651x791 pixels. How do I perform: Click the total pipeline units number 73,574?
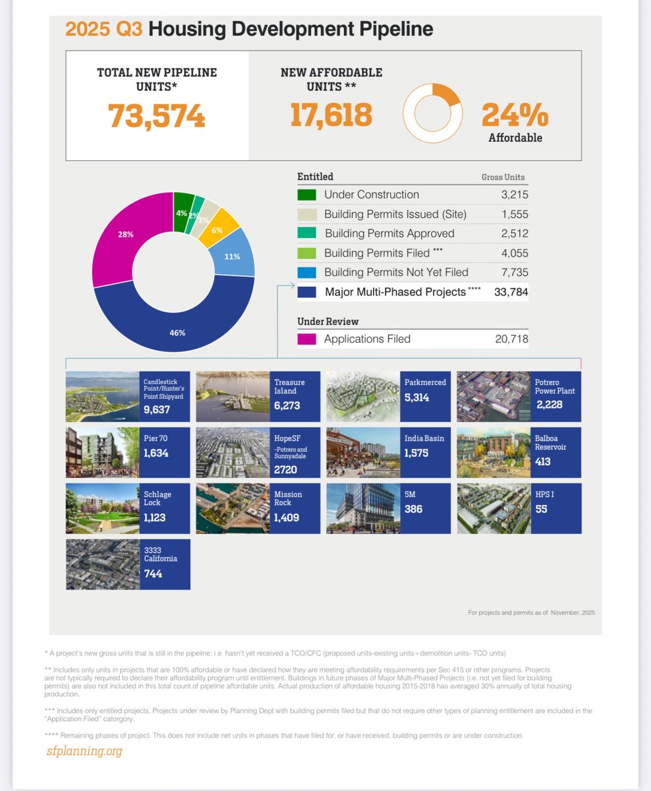coord(157,115)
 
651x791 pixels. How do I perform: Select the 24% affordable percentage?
coord(515,115)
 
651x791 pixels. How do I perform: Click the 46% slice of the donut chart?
coord(177,332)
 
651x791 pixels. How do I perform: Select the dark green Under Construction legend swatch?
coord(307,194)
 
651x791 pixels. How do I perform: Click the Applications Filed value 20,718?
coord(511,339)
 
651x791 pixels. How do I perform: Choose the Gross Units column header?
coord(503,177)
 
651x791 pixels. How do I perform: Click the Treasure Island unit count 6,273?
coord(287,405)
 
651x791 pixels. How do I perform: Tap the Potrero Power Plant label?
coord(555,386)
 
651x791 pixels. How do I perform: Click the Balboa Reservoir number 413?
coord(544,461)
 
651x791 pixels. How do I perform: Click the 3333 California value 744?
coord(153,573)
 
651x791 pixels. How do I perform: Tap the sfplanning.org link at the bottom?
coord(84,750)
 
